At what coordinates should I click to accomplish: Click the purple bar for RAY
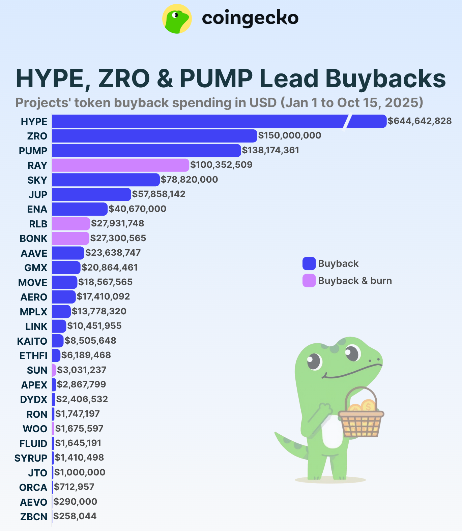[x=120, y=165]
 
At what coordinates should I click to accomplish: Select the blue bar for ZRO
[x=154, y=136]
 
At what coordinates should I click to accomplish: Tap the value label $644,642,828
[x=420, y=121]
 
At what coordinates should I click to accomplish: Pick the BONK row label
[x=33, y=239]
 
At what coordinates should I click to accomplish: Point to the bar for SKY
[x=106, y=180]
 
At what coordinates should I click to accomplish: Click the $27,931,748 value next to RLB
[x=118, y=223]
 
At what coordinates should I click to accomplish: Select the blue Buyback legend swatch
[x=309, y=263]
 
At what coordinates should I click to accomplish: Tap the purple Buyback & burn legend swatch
[x=309, y=281]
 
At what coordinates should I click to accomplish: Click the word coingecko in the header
[x=250, y=18]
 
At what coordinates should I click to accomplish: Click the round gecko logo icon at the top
[x=177, y=19]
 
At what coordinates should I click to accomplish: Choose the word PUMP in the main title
[x=216, y=79]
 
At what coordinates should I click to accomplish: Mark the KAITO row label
[x=32, y=341]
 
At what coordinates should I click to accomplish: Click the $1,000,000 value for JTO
[x=80, y=472]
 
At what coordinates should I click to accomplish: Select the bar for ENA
[x=80, y=209]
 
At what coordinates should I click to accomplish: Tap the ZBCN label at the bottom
[x=34, y=517]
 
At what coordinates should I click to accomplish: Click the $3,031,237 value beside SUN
[x=82, y=370]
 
